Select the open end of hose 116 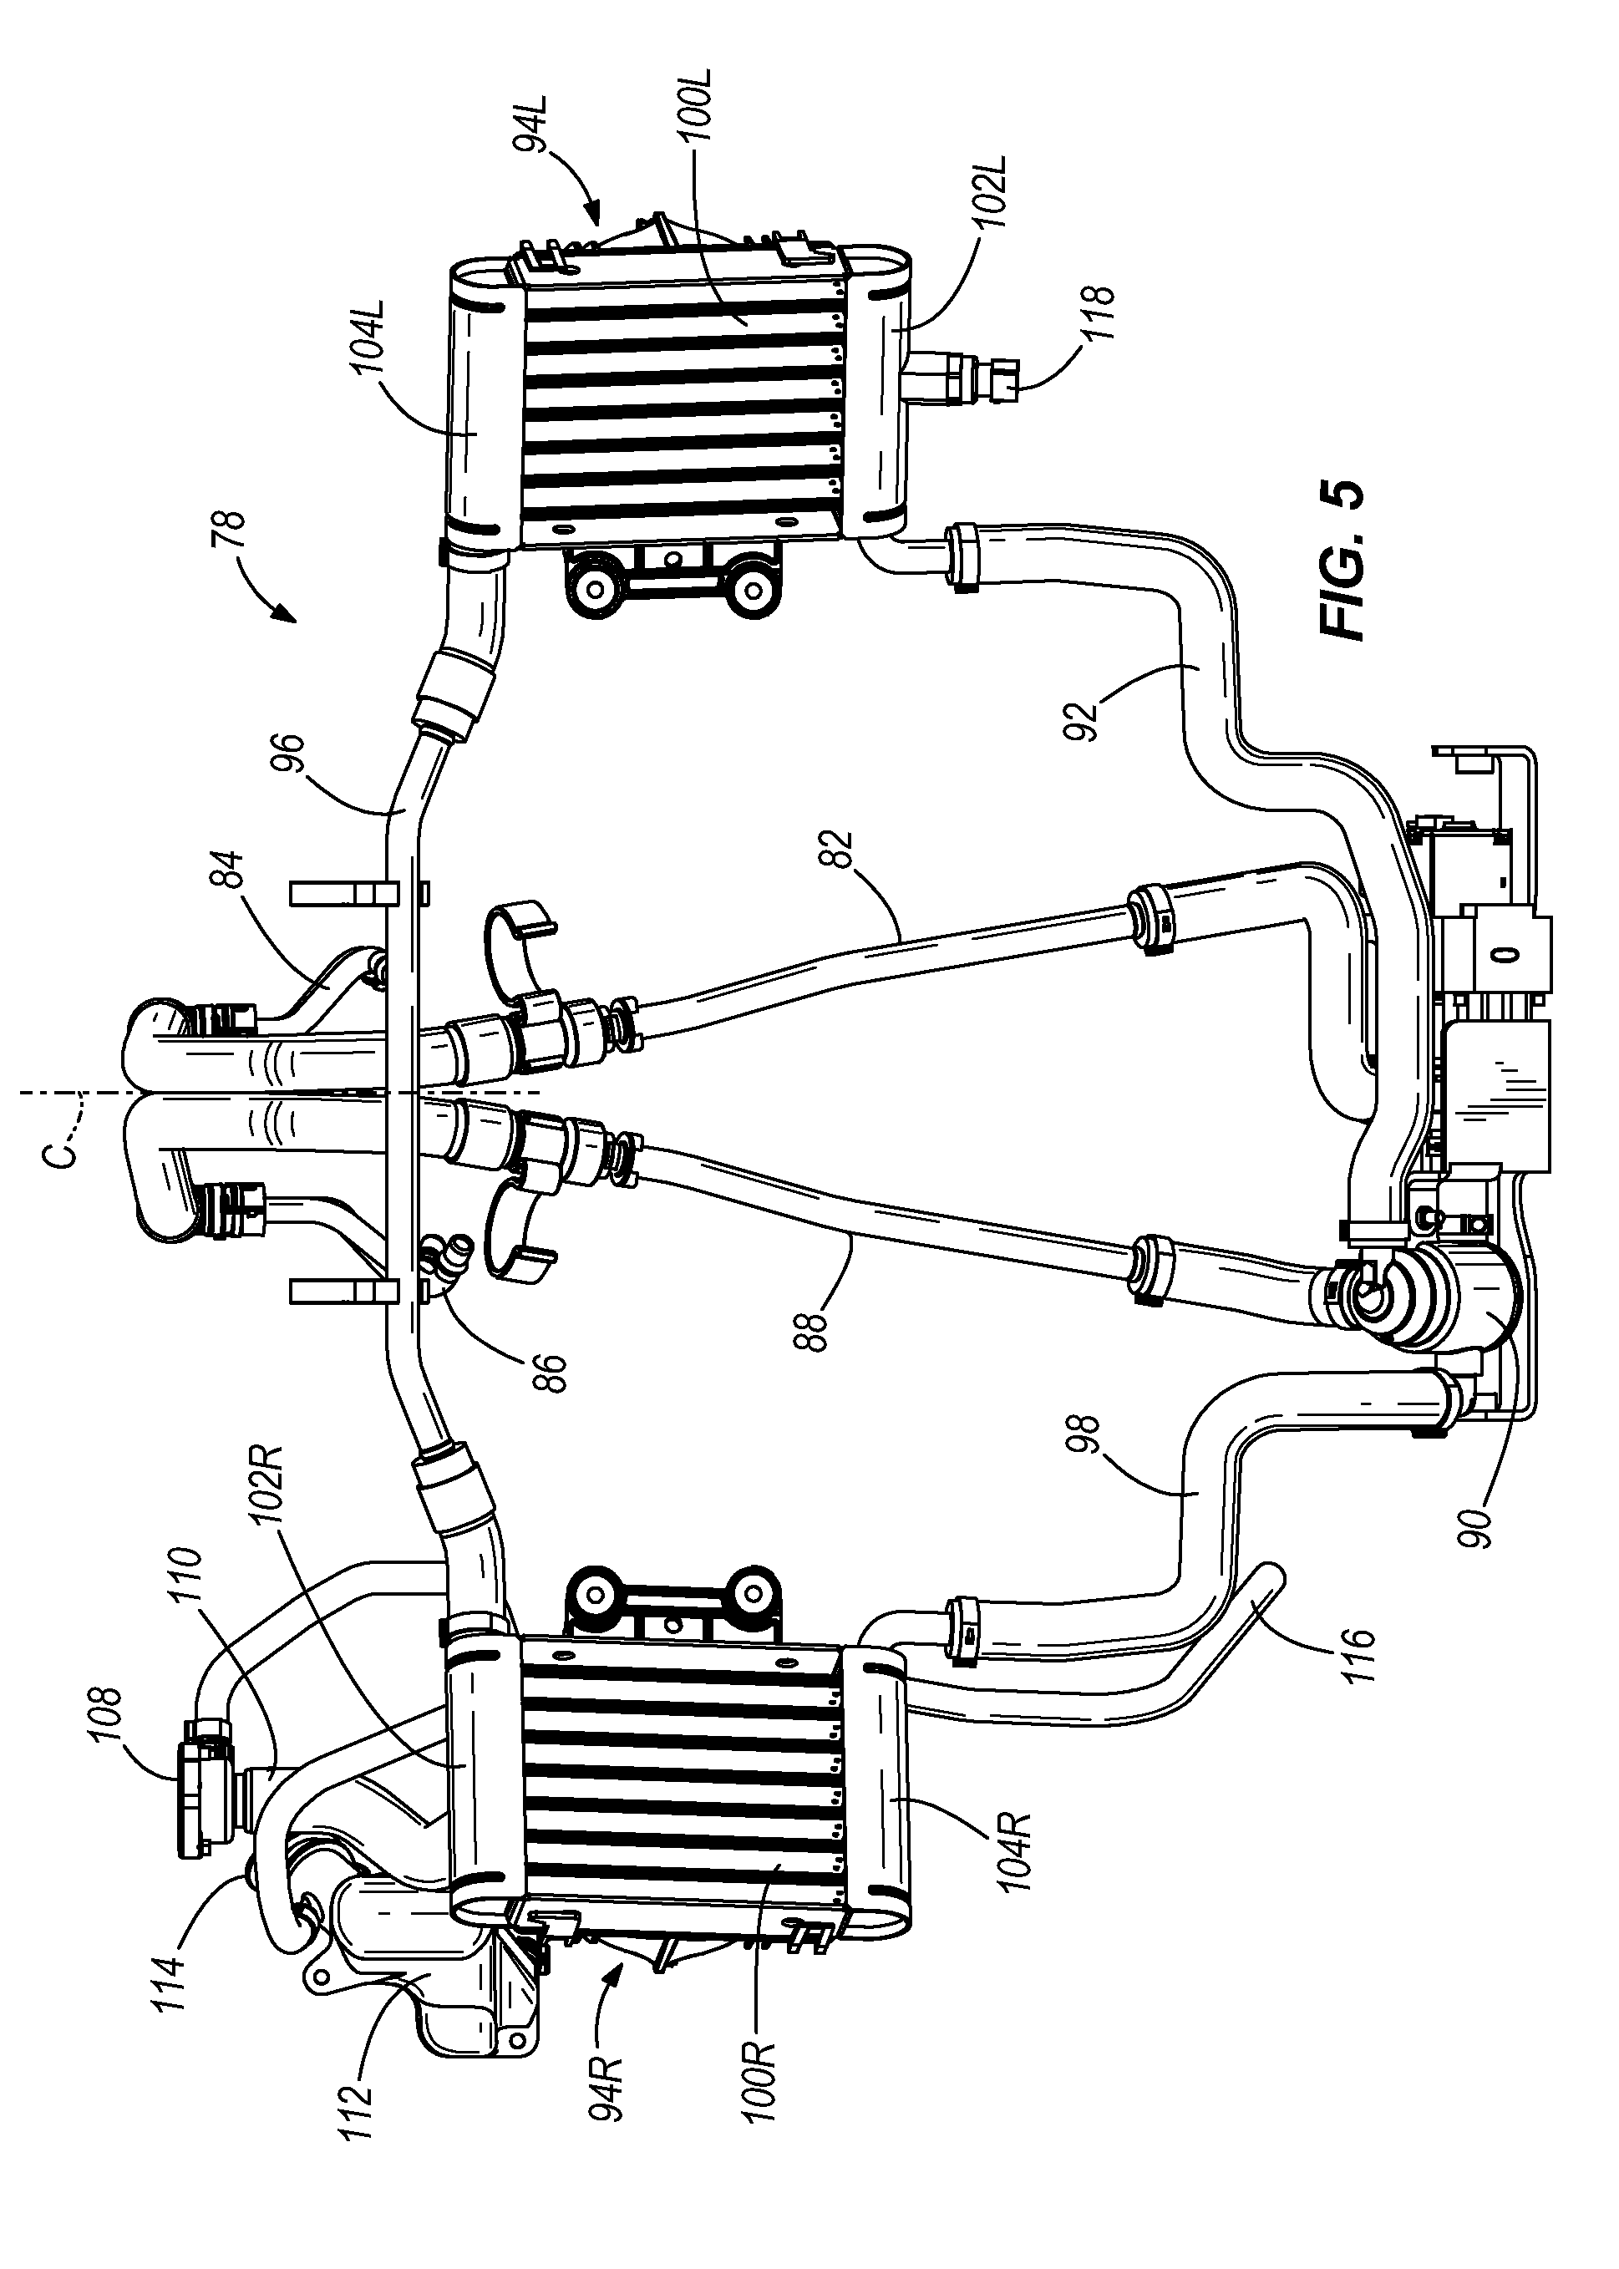(x=1272, y=1578)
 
